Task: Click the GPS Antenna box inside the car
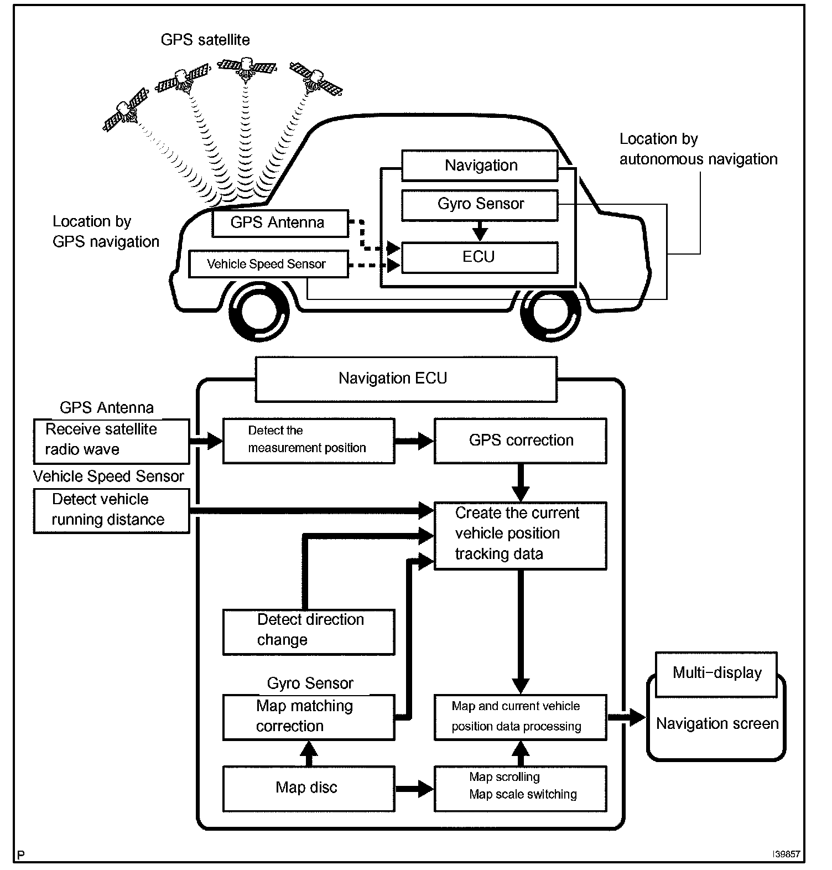coord(280,223)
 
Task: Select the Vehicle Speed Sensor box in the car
coord(268,264)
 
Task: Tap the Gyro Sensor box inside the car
coord(480,205)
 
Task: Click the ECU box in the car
coord(479,257)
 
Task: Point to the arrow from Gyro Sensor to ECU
coord(480,231)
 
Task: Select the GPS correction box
coord(520,441)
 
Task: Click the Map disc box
coord(308,788)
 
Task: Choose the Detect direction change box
coord(308,631)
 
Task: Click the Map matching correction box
coord(308,717)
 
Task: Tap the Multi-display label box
coord(716,674)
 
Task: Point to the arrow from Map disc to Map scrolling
coord(414,788)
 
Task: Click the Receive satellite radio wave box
coord(111,441)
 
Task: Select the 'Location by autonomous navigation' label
coord(698,149)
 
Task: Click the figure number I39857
coord(786,854)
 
